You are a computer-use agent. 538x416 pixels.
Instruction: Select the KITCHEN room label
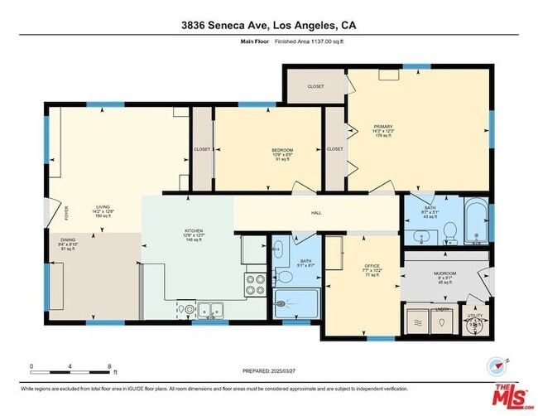point(194,232)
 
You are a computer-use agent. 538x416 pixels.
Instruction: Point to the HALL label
point(315,213)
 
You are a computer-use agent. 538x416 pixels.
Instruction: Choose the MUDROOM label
point(444,273)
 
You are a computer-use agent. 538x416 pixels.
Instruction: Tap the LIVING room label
point(103,207)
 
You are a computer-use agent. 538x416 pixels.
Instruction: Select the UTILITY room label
point(474,316)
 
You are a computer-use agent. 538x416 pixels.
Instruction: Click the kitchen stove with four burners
point(255,285)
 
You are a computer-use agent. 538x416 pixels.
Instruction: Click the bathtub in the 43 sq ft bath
point(476,222)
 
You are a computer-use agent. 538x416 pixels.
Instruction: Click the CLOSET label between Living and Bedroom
point(202,149)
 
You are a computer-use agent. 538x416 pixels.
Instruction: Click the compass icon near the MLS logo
point(497,365)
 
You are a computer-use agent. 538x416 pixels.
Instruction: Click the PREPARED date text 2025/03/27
point(268,370)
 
